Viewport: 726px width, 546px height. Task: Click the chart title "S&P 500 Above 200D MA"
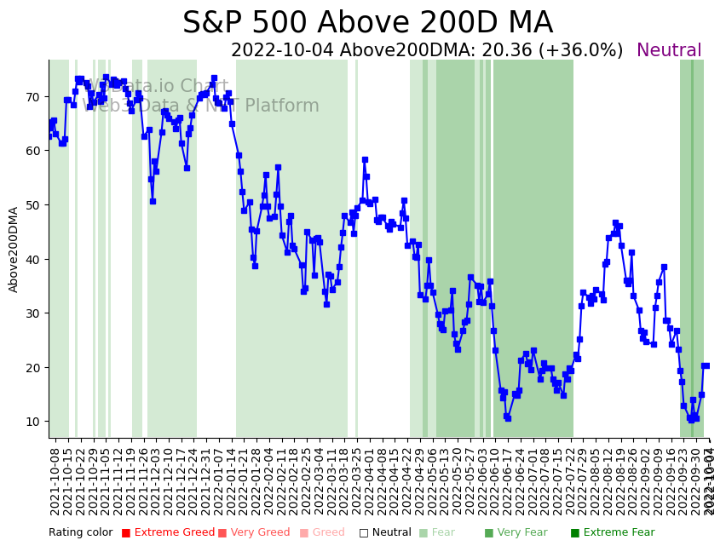pyautogui.click(x=367, y=23)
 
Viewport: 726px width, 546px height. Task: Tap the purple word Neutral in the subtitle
pyautogui.click(x=669, y=51)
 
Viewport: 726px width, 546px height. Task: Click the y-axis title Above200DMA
pyautogui.click(x=14, y=250)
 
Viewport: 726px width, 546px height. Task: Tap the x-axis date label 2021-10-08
pyautogui.click(x=55, y=480)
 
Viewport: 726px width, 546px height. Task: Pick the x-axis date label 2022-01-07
pyautogui.click(x=218, y=480)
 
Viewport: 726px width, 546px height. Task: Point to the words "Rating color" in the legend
pyautogui.click(x=80, y=532)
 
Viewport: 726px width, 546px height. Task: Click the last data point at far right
pyautogui.click(x=706, y=365)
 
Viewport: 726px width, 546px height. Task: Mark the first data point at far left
pyautogui.click(x=49, y=135)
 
